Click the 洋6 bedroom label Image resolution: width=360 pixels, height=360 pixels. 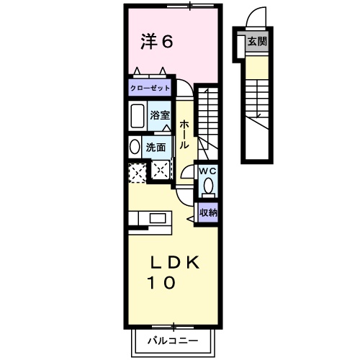click(156, 42)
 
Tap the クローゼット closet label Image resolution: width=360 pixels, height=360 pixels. click(150, 87)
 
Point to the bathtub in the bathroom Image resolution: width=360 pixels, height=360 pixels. click(137, 115)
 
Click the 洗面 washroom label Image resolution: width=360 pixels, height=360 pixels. click(156, 147)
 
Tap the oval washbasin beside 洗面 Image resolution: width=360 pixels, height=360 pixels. click(135, 146)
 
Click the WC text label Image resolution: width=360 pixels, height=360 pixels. click(207, 171)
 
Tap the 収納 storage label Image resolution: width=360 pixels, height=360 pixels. click(209, 212)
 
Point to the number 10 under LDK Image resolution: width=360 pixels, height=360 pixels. click(161, 284)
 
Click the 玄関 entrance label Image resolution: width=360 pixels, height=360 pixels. click(256, 42)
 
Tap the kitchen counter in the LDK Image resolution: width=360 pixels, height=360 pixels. click(150, 218)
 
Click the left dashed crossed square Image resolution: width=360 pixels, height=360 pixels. click(136, 172)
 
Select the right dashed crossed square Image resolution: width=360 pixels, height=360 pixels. click(161, 172)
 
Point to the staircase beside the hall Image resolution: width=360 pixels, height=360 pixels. click(210, 119)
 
